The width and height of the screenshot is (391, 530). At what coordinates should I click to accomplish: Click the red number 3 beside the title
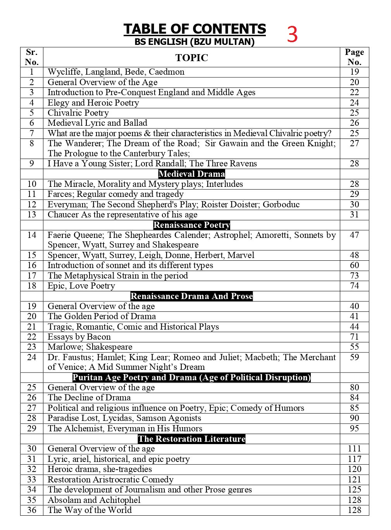(292, 34)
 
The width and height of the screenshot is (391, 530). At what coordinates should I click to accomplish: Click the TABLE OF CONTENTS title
(195, 29)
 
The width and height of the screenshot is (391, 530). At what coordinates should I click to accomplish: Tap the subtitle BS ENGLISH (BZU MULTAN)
(195, 42)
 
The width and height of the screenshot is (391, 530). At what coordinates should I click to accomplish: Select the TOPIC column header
(191, 58)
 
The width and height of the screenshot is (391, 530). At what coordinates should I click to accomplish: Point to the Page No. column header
(354, 57)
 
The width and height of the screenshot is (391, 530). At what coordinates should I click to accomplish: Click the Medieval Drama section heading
(191, 174)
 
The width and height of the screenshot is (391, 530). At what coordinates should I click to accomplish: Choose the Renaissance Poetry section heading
(191, 225)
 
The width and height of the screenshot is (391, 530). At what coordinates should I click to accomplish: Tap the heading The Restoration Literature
(191, 439)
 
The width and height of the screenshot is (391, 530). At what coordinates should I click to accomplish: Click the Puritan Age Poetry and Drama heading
(191, 378)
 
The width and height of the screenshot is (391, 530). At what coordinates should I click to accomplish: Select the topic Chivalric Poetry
(78, 113)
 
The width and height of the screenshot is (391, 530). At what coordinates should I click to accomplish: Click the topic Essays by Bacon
(79, 337)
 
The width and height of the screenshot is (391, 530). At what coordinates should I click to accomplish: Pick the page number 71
(354, 337)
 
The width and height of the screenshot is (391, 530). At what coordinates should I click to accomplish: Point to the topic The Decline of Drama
(89, 398)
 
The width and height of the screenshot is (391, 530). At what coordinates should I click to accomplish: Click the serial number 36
(32, 510)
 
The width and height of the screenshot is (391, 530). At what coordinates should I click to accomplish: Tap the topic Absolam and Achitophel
(94, 500)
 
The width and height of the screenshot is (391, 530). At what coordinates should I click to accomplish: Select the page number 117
(354, 459)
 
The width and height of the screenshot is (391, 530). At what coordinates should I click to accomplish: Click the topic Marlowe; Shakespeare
(90, 347)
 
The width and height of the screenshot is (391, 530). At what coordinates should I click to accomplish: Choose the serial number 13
(32, 215)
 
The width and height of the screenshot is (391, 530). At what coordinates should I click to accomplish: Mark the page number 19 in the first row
(354, 72)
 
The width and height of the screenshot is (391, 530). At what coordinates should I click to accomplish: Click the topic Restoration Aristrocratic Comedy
(110, 480)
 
